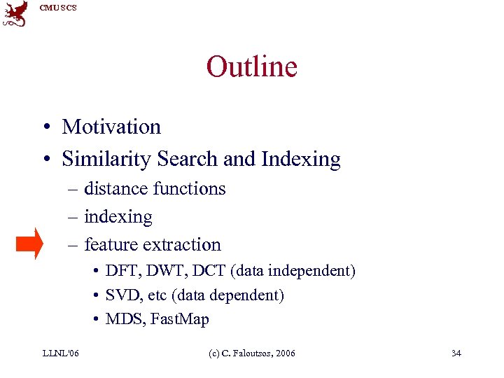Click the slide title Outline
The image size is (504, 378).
tap(251, 66)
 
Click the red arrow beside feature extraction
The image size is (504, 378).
tap(29, 244)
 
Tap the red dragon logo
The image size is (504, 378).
tap(15, 14)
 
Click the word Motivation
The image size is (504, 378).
tap(111, 127)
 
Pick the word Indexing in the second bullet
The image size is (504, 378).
tap(300, 160)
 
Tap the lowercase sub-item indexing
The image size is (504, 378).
tap(118, 217)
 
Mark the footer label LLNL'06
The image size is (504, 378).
tap(59, 353)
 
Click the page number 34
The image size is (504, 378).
tap(456, 353)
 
